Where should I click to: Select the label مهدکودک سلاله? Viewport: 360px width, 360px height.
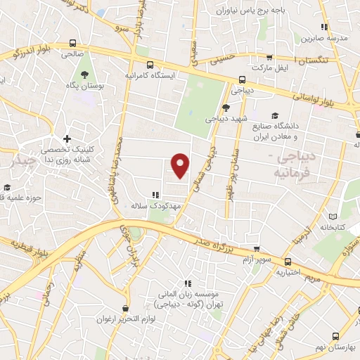pos(147,207)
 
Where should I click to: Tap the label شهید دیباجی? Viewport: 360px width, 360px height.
pos(225,119)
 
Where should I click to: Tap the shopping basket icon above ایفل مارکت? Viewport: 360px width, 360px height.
pos(268,58)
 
